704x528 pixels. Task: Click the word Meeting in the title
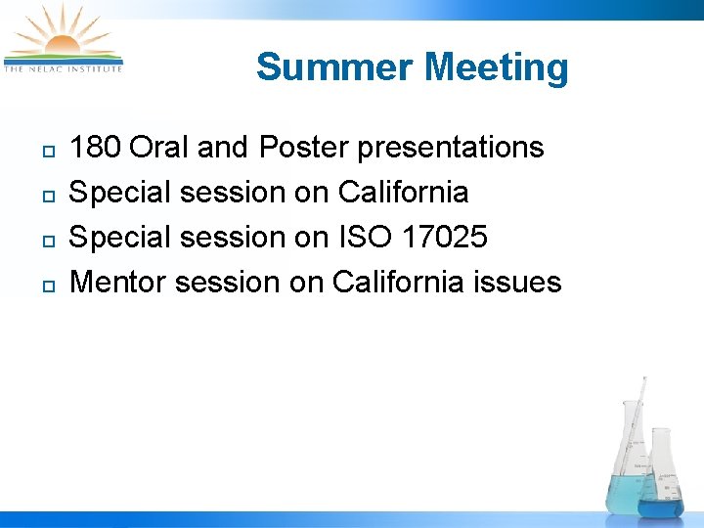click(497, 67)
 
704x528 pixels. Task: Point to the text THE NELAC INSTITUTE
click(64, 68)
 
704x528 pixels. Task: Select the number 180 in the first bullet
click(96, 148)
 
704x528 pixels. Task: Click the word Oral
click(159, 148)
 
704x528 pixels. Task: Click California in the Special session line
click(403, 193)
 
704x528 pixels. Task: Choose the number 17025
click(447, 238)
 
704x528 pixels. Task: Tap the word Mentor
click(119, 283)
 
